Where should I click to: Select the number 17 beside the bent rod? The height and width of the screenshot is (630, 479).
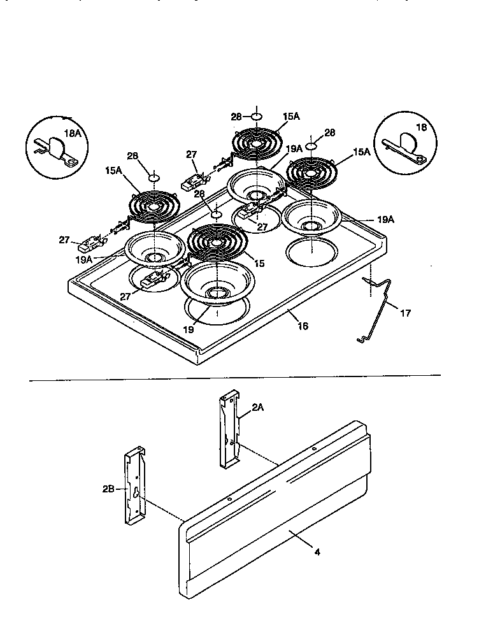406,313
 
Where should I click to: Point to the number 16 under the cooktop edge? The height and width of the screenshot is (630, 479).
303,326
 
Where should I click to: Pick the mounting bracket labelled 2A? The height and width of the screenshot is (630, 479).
229,429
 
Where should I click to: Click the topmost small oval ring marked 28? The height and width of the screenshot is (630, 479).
255,117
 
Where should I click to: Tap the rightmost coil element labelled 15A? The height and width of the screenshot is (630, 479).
310,172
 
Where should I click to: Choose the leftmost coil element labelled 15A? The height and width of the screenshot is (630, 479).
154,206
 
